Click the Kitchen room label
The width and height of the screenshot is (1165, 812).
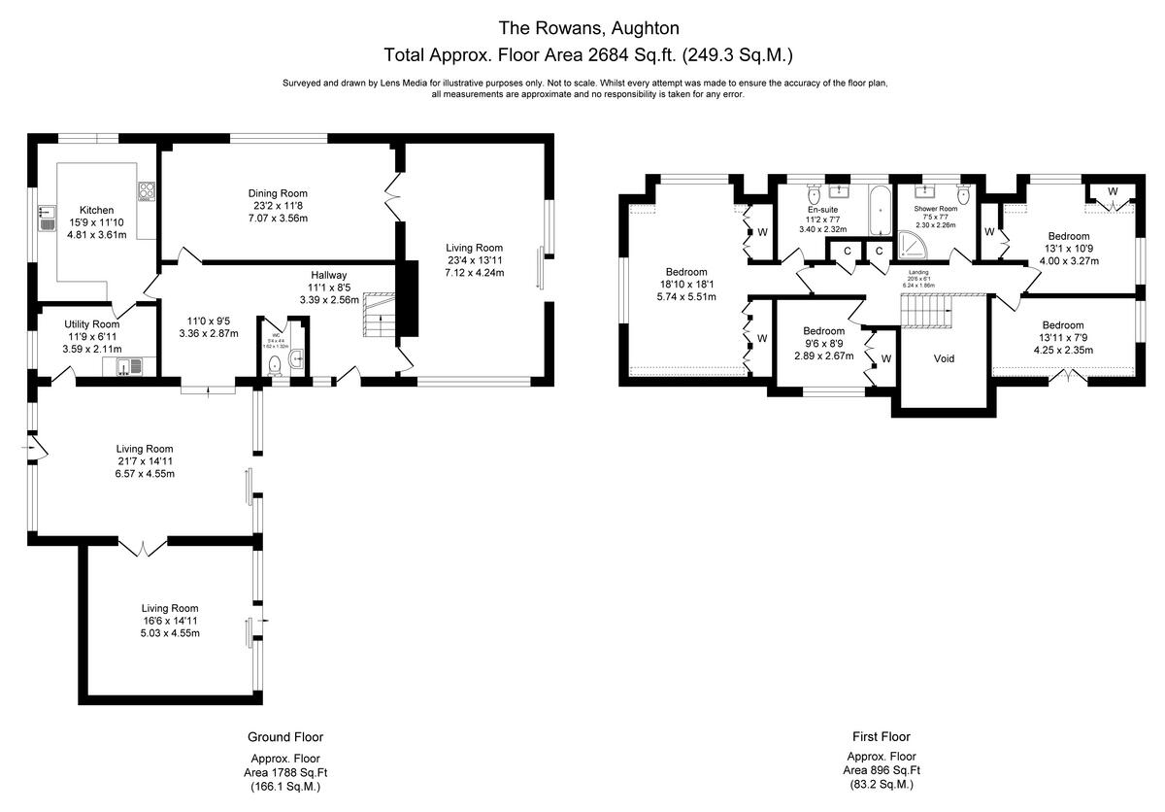pyautogui.click(x=96, y=210)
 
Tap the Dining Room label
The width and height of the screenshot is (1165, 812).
pyautogui.click(x=279, y=192)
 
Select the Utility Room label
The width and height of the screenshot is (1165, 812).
pyautogui.click(x=92, y=324)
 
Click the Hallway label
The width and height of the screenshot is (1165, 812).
pyautogui.click(x=329, y=275)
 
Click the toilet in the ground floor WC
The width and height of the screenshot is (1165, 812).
pyautogui.click(x=276, y=364)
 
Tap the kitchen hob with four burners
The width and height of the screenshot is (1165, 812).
pyautogui.click(x=148, y=191)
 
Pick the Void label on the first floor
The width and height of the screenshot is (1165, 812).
pyautogui.click(x=944, y=358)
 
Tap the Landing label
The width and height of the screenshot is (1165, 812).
pyautogui.click(x=917, y=273)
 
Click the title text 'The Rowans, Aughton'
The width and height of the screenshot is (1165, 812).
pyautogui.click(x=588, y=27)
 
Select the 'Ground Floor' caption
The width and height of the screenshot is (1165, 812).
pyautogui.click(x=285, y=737)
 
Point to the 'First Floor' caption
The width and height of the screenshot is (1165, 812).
pyautogui.click(x=881, y=737)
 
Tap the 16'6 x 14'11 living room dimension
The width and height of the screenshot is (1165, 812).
pyautogui.click(x=170, y=621)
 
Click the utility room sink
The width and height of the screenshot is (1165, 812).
pyautogui.click(x=128, y=365)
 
